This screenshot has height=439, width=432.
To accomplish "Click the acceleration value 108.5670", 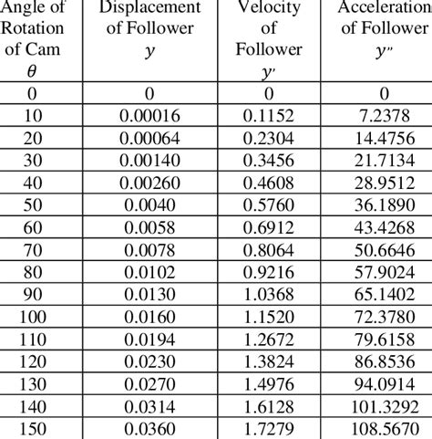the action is [x=384, y=428].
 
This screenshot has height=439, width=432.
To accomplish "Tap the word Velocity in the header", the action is [x=270, y=8].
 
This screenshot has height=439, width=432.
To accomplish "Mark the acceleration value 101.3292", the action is [x=384, y=406].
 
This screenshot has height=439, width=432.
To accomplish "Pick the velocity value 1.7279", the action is [x=270, y=428].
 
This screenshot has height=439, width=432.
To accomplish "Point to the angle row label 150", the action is [x=34, y=428].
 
